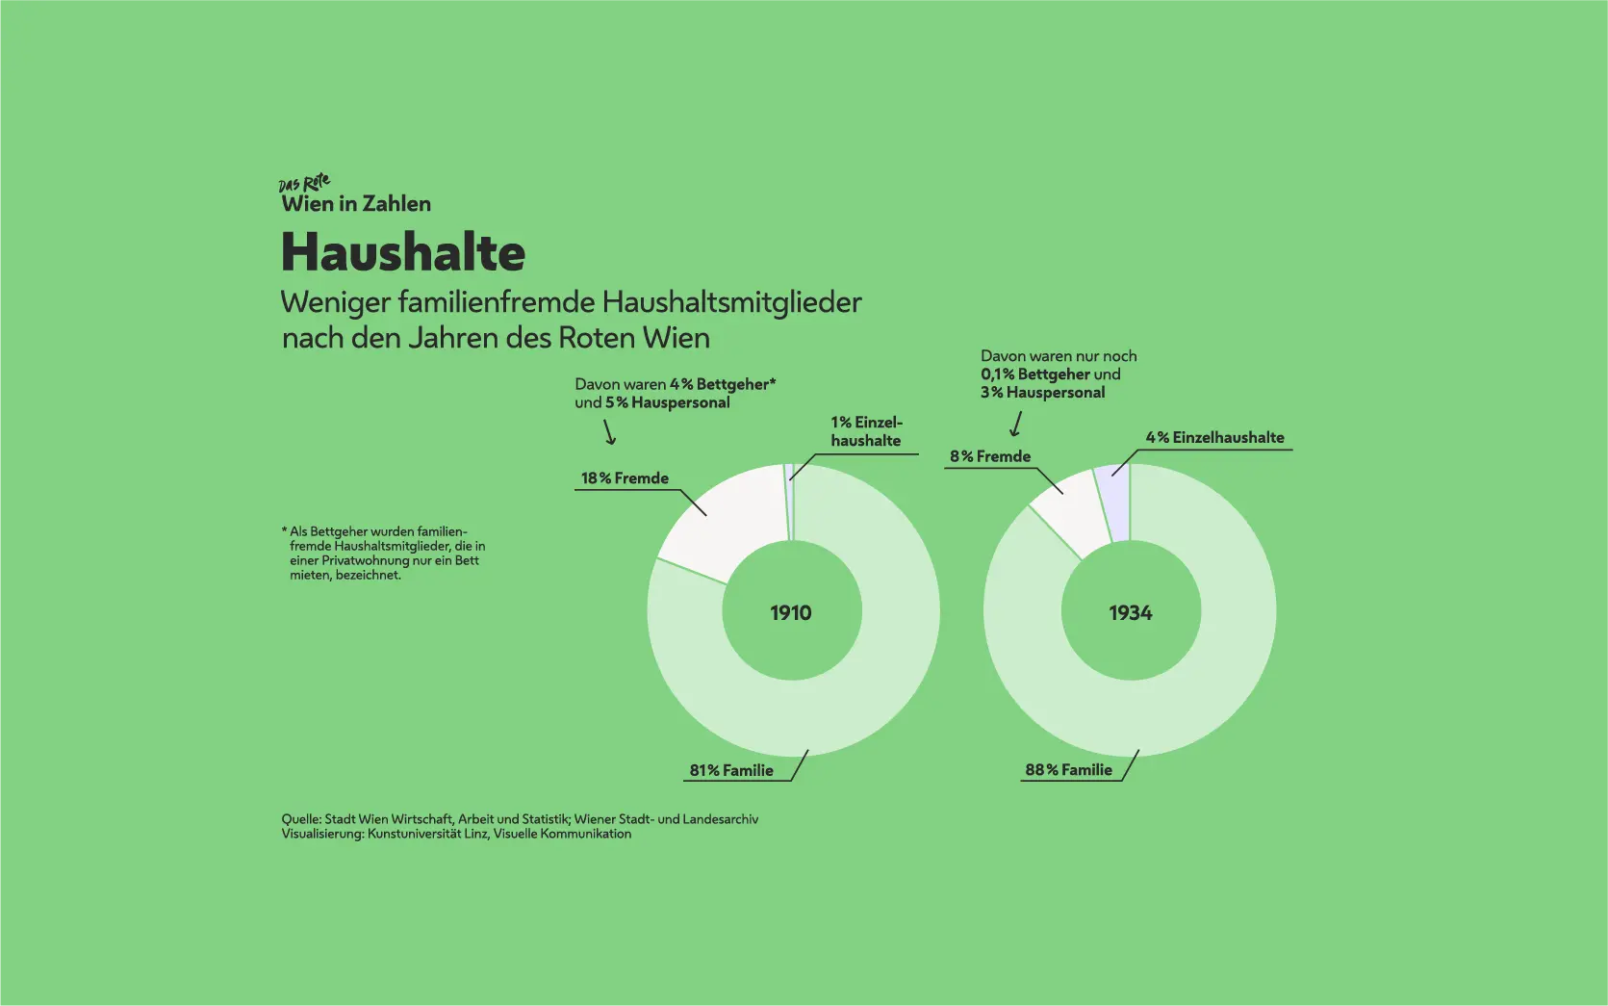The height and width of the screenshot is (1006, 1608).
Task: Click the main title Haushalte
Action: tap(402, 252)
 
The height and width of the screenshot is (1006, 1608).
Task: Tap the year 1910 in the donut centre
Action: tap(791, 613)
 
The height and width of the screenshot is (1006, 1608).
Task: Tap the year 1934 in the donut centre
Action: tap(1130, 613)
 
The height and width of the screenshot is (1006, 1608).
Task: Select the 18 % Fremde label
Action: tap(625, 478)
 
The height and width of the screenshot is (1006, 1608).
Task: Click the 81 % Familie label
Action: tap(731, 770)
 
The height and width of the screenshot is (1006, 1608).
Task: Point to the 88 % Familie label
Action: tap(1068, 770)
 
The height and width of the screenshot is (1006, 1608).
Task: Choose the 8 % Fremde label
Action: tap(990, 456)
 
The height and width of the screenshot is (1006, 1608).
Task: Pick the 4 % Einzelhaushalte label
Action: tap(1214, 437)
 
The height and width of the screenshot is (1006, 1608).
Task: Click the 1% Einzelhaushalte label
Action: tap(866, 431)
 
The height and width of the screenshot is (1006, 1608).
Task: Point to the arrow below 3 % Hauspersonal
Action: tap(1015, 424)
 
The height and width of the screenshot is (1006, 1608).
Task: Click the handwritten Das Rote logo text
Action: tap(304, 183)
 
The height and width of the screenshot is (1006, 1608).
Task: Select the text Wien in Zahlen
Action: tap(356, 204)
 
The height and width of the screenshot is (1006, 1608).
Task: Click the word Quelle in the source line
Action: tap(300, 819)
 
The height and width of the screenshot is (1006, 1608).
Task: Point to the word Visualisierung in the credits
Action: tap(322, 834)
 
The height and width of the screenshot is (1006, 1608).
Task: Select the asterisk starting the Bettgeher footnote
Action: tap(285, 530)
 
